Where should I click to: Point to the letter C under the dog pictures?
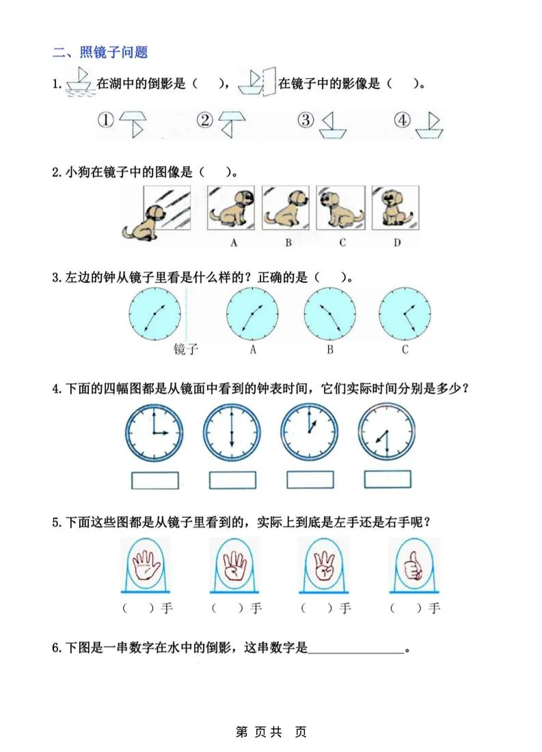(x=342, y=242)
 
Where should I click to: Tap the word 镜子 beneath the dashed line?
(x=186, y=350)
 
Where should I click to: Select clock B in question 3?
(x=329, y=314)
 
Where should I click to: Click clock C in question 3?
(x=405, y=314)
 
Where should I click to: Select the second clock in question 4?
(x=232, y=432)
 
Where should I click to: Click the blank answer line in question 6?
(x=356, y=649)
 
